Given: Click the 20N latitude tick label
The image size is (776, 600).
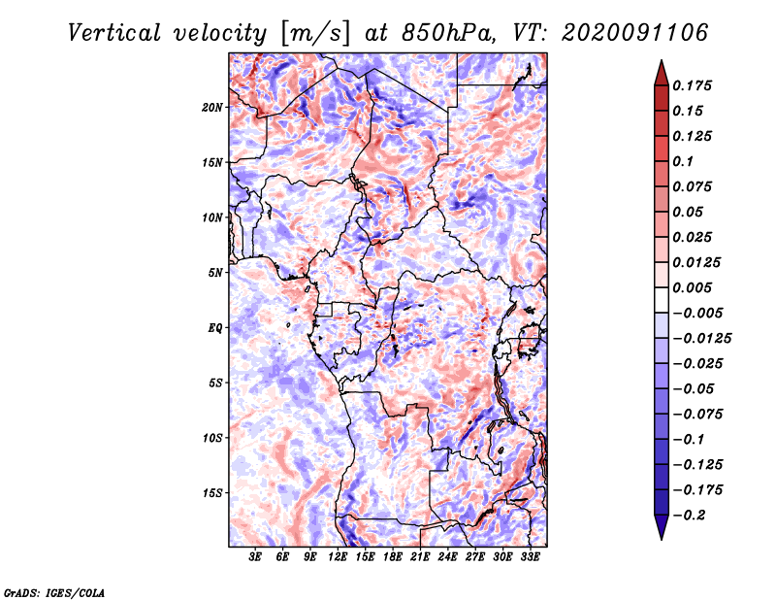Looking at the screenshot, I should click(x=212, y=107).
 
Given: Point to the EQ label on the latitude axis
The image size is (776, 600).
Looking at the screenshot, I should click(x=215, y=328).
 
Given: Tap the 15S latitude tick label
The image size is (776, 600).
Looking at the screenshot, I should click(x=212, y=493).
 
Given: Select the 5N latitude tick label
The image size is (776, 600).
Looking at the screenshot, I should click(x=215, y=273).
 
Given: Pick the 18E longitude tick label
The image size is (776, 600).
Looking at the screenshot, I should click(x=393, y=557).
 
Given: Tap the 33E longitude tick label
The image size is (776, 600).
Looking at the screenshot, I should click(x=530, y=557).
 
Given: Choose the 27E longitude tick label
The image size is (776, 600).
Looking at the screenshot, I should click(x=475, y=557).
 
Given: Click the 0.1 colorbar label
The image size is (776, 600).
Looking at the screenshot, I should click(x=684, y=161).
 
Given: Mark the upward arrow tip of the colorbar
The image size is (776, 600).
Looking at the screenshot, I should click(x=660, y=62).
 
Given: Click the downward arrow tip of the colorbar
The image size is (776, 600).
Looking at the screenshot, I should click(x=660, y=538).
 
